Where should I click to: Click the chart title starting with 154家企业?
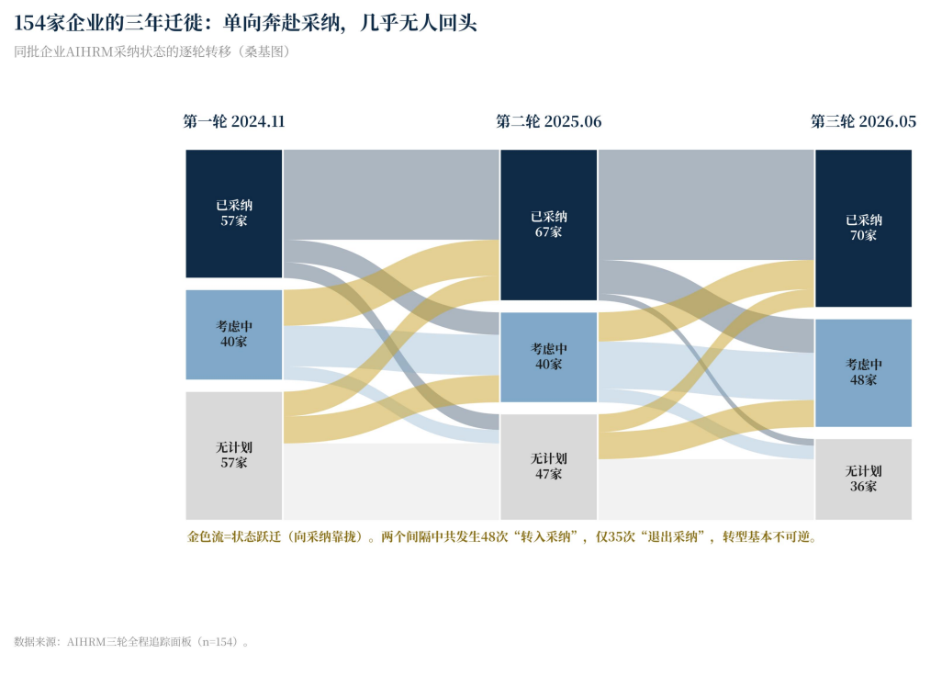click(x=245, y=23)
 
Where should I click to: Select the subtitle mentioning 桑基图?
click(x=152, y=51)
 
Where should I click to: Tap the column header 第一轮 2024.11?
click(x=234, y=121)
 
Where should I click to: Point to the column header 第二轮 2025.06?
click(x=548, y=121)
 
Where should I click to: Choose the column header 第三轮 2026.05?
click(x=863, y=121)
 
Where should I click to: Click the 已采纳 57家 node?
click(x=234, y=214)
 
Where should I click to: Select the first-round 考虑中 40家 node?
click(x=234, y=334)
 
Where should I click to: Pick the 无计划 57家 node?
click(x=234, y=456)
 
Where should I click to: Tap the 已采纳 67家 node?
click(x=548, y=225)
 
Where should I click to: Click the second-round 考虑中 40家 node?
click(x=548, y=357)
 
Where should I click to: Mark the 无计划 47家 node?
click(x=548, y=467)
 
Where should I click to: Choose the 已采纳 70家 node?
click(x=863, y=229)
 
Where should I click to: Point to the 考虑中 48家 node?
click(x=863, y=373)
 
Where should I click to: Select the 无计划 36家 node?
click(x=863, y=479)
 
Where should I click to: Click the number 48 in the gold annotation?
click(x=488, y=536)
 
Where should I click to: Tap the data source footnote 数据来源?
click(x=131, y=642)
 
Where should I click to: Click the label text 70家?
click(x=863, y=235)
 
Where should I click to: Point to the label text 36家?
click(x=863, y=487)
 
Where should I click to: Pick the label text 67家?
click(x=548, y=232)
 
